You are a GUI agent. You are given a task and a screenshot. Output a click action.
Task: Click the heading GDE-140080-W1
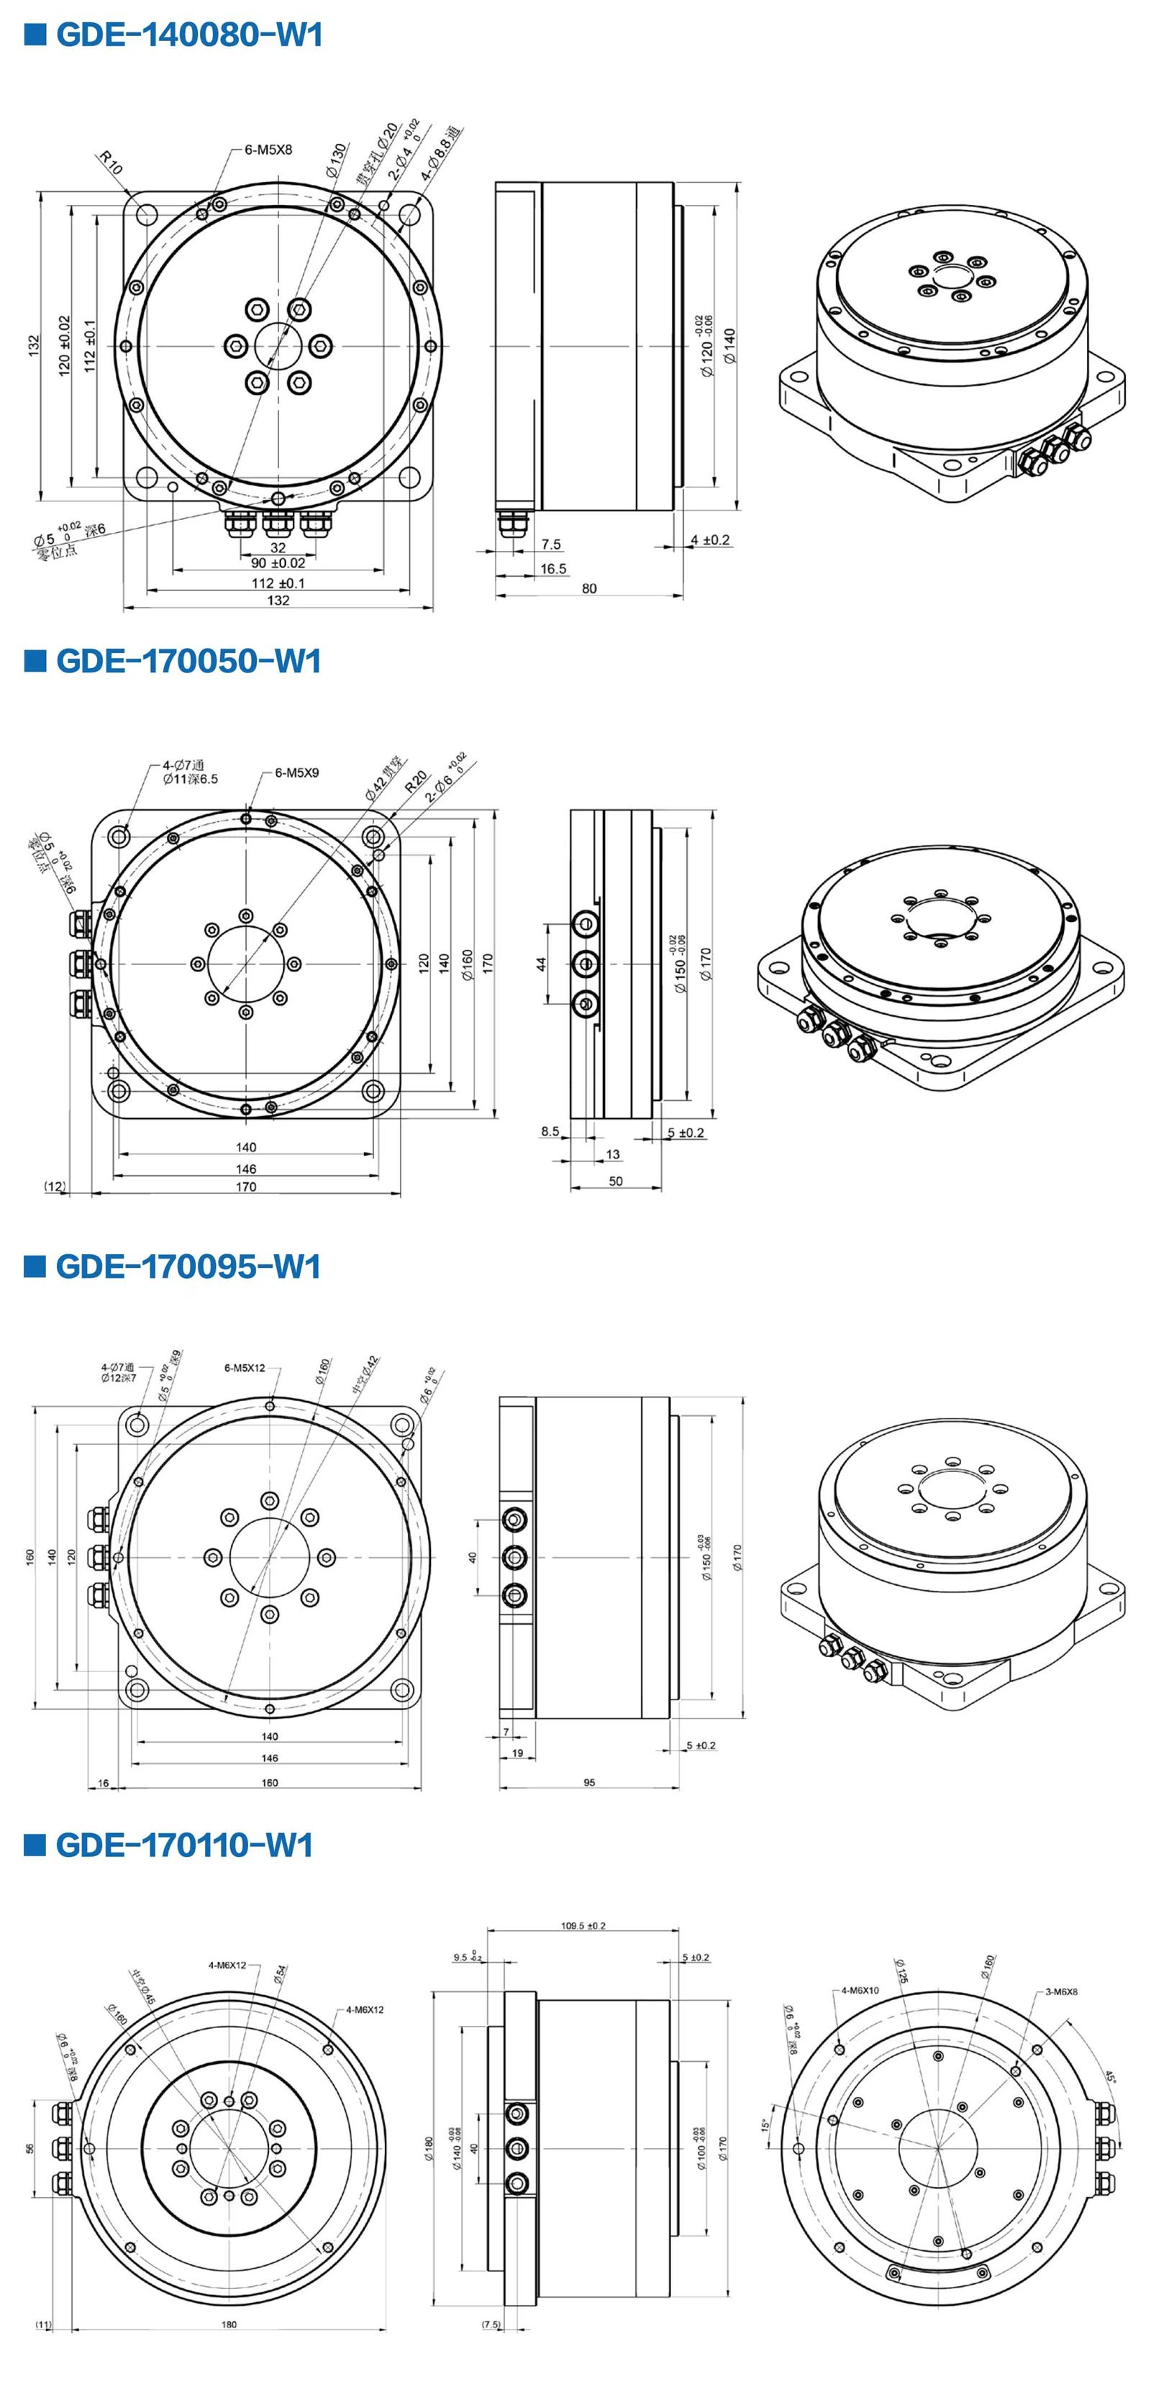189,35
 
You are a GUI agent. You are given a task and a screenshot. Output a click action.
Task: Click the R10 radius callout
111,164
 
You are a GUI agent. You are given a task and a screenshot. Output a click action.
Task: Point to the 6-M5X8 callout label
268,149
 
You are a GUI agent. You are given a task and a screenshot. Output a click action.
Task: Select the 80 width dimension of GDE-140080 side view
589,588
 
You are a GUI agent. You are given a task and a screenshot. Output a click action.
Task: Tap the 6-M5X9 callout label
297,772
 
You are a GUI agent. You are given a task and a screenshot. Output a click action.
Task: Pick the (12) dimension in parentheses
55,1187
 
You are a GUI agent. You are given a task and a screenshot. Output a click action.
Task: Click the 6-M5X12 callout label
245,1368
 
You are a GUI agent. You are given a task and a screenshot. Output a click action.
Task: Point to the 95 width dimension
589,1783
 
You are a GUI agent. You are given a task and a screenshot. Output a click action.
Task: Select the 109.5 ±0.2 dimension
583,1925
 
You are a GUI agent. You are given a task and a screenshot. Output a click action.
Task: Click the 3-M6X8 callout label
1061,1991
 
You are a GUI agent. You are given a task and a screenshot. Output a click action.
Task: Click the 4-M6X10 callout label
860,1991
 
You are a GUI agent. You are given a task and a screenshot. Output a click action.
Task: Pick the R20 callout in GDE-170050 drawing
416,781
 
